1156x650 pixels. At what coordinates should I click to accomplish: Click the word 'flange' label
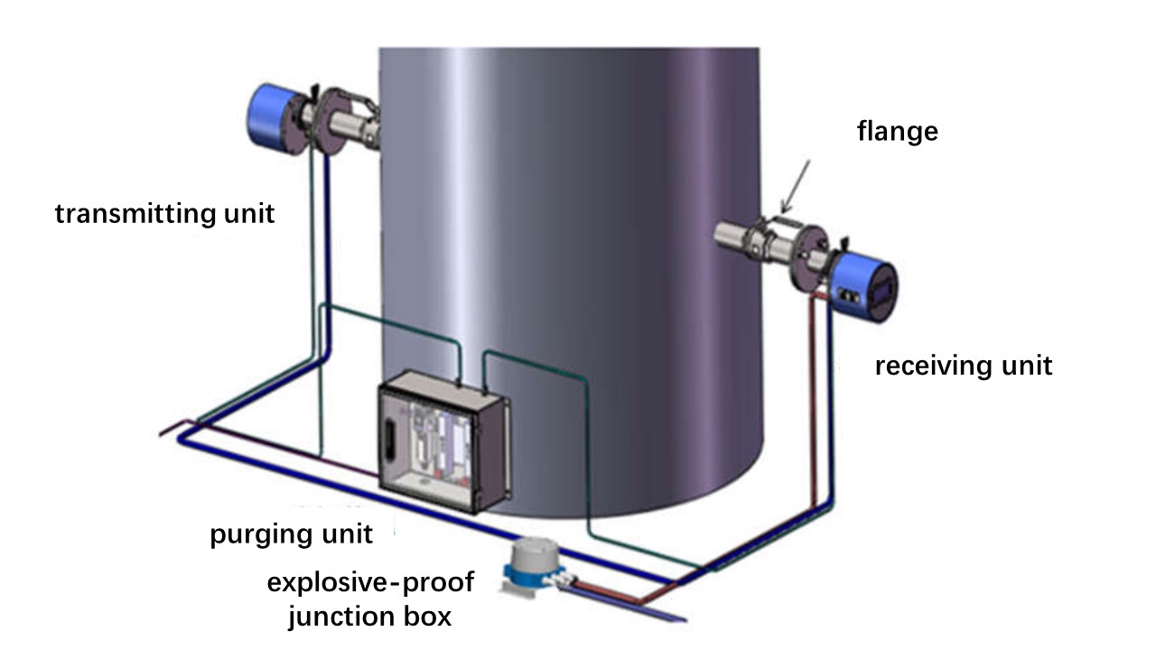pos(897,132)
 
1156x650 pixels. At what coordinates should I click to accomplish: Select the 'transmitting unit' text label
pos(165,214)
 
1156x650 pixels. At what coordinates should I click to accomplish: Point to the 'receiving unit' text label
pos(964,366)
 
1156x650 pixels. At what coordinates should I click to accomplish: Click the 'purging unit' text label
pos(291,534)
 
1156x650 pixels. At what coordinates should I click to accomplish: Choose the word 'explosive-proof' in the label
pos(370,582)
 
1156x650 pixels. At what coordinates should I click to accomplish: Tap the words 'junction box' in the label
pos(370,617)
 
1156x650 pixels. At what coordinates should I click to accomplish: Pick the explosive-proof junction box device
pos(536,567)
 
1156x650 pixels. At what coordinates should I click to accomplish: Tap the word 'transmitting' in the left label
pos(131,214)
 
